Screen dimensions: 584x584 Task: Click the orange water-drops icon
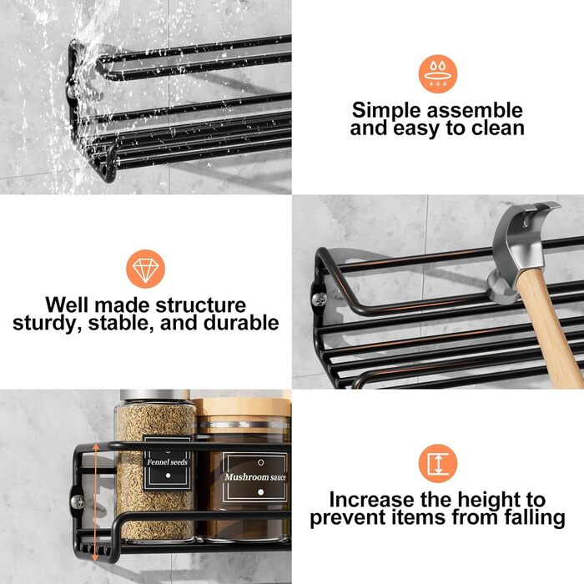click(x=438, y=74)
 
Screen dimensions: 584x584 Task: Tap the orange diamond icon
click(x=146, y=269)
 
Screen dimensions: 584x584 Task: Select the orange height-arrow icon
click(x=438, y=464)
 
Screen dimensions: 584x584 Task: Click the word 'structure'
click(x=201, y=305)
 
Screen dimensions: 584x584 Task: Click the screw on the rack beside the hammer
click(x=320, y=298)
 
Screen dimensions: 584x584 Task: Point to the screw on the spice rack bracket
click(x=78, y=501)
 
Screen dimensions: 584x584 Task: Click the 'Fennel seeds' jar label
click(x=167, y=462)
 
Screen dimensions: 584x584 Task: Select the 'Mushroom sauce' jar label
click(x=255, y=477)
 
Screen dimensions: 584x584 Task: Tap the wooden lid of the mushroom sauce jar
click(x=242, y=407)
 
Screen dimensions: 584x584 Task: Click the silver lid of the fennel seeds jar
click(x=155, y=395)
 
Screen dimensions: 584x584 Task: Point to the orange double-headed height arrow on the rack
click(x=96, y=501)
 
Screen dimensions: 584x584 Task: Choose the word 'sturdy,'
click(x=48, y=324)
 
